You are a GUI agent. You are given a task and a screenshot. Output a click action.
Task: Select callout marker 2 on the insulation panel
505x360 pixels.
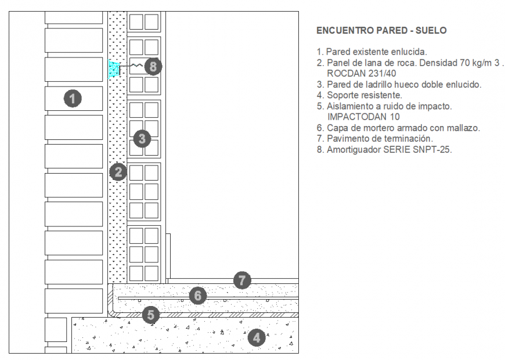(118, 172)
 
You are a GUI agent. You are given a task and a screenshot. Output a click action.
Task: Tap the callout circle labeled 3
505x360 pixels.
(142, 138)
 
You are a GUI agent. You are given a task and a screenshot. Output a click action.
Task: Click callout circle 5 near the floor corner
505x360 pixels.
(150, 315)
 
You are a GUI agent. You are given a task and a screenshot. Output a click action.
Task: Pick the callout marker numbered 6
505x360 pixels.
(198, 296)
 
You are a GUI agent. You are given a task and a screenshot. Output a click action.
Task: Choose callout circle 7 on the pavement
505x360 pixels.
(242, 281)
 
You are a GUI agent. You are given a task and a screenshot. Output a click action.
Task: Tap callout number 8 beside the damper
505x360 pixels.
(153, 67)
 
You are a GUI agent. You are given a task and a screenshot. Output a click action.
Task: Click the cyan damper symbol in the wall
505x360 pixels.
(114, 69)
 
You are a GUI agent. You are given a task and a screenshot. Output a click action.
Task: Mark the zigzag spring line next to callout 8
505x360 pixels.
(135, 66)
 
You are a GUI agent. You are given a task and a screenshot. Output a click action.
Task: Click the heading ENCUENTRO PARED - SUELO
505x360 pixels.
(381, 31)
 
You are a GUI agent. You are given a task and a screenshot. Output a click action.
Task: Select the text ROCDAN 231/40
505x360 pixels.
(361, 74)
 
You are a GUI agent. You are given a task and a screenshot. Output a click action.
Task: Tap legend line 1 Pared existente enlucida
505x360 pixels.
(371, 52)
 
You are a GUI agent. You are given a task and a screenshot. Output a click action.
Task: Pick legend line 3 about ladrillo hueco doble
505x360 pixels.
(399, 84)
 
